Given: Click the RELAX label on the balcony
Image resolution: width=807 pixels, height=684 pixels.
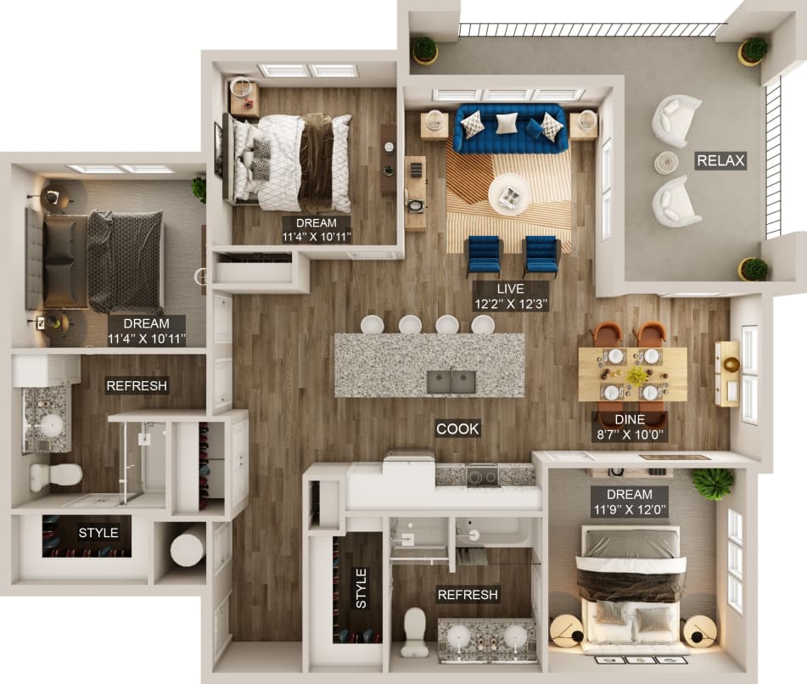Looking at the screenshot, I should coord(720,160).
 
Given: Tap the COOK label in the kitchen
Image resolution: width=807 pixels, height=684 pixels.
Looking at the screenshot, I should coord(457,429).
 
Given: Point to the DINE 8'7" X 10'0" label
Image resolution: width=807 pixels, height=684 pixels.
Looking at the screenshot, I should coord(629,426).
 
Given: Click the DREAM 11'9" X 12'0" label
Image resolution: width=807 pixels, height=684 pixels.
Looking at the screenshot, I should coord(630,502).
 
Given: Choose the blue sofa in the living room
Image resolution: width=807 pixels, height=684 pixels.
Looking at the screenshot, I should coord(509,128).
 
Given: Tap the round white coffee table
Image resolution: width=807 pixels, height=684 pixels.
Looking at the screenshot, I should coord(509,195).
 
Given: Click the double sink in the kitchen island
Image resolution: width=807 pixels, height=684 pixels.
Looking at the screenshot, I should coord(451,382).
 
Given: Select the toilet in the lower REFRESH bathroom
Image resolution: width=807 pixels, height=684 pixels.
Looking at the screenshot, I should coord(415,632).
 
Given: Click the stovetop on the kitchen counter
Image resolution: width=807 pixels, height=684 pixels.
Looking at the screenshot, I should coord(482,475).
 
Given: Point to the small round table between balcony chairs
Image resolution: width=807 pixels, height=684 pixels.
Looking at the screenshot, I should coord(666,162).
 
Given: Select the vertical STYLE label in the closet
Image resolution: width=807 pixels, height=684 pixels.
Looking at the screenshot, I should coord(360,588).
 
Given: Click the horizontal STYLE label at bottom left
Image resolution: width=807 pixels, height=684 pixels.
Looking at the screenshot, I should coord(98,533).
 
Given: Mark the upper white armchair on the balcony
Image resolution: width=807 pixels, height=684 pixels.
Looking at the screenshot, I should coord(676,120).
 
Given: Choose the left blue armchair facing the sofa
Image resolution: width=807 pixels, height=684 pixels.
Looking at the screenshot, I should coord(485,255).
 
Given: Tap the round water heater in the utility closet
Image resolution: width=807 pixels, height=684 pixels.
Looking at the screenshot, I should coord(188,545).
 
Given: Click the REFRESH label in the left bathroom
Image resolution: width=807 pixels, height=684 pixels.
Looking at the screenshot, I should coord(137,386).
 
